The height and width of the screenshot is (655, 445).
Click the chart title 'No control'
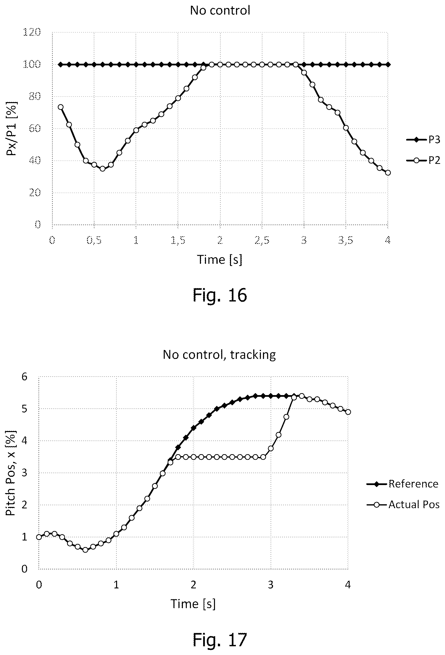[x=220, y=10]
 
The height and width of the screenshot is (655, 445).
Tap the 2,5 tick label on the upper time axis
[x=262, y=240]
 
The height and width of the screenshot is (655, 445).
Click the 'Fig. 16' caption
[x=220, y=295]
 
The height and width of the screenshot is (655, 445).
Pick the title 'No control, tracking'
[x=219, y=354]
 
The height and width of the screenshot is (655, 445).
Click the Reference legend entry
[x=402, y=484]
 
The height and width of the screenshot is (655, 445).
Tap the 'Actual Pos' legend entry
[x=403, y=505]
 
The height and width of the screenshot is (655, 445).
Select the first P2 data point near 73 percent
[x=60, y=107]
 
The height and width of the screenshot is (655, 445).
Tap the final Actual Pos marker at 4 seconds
[x=348, y=412]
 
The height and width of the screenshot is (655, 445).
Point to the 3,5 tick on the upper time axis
[x=346, y=240]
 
